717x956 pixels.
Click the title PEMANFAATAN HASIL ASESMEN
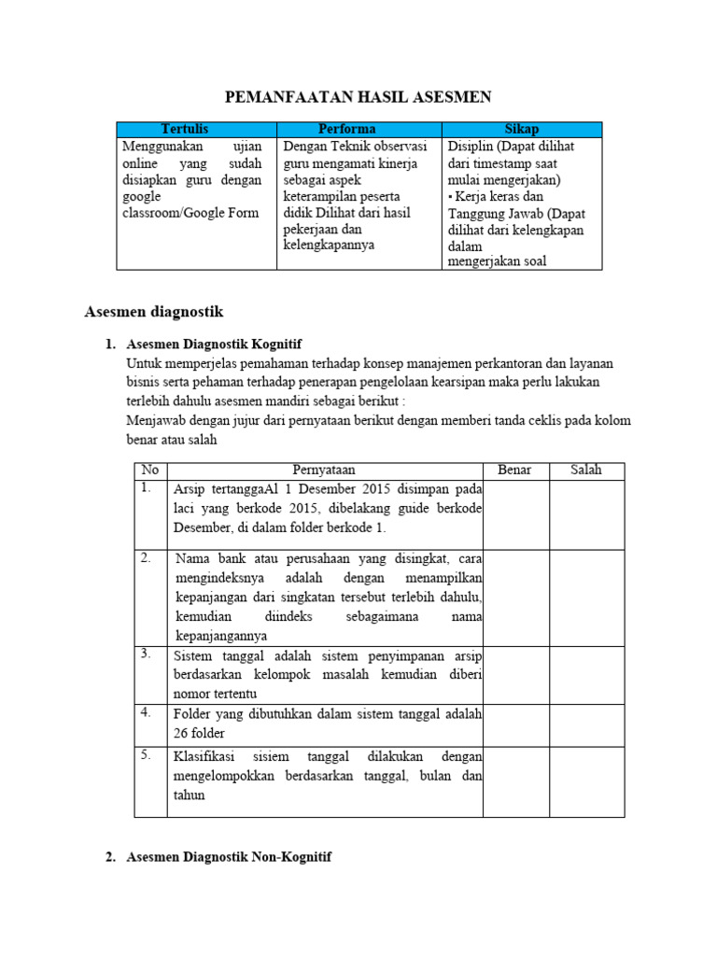click(359, 97)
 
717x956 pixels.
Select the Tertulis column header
click(196, 130)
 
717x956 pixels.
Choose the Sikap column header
click(522, 130)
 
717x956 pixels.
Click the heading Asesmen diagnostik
click(154, 311)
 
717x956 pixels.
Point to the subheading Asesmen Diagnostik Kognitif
click(214, 344)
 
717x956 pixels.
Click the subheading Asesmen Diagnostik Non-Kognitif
click(229, 856)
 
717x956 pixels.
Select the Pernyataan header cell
click(324, 471)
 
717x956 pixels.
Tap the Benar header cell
click(514, 471)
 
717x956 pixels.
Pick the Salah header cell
click(586, 471)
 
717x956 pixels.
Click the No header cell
click(150, 471)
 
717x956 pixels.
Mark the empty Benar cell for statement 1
click(514, 514)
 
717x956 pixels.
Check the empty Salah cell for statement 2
click(586, 597)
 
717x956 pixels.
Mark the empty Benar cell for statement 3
click(514, 675)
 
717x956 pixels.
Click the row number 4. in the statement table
click(147, 712)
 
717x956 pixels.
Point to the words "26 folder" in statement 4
click(199, 734)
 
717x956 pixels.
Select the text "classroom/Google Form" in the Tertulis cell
click(190, 212)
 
